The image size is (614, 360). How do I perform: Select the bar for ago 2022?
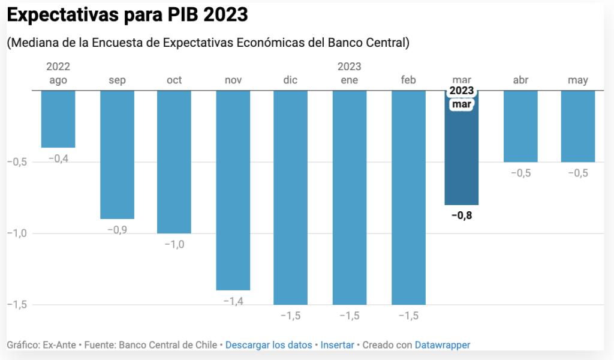[x=58, y=119]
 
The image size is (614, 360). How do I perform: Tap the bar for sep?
[x=117, y=154]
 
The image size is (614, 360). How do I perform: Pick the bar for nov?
[x=233, y=190]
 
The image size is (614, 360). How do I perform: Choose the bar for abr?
[x=520, y=126]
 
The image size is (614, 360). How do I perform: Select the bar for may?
[x=578, y=126]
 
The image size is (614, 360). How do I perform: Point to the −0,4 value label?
[x=58, y=158]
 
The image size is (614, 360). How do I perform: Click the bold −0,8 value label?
[x=462, y=216]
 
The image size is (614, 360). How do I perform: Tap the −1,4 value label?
[x=233, y=301]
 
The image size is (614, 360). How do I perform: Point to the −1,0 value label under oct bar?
[x=174, y=244]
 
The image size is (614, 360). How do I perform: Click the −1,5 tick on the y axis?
[x=17, y=305]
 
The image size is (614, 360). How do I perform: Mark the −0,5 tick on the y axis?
[x=17, y=162]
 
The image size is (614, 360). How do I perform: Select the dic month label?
[x=291, y=80]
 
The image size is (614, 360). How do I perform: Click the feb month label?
[x=408, y=80]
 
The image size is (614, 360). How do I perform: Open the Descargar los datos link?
[x=269, y=345]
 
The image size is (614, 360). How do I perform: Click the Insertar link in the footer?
[x=338, y=345]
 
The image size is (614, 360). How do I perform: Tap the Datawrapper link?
[x=443, y=345]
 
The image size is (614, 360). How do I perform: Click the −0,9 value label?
[x=117, y=230]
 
